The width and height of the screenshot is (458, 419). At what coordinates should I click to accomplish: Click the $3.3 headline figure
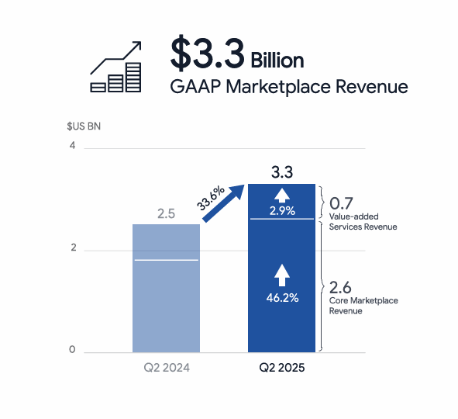(x=208, y=53)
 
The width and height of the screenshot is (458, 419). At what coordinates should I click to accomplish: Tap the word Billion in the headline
(x=277, y=61)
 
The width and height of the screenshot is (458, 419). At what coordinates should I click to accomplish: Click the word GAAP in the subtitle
(x=195, y=87)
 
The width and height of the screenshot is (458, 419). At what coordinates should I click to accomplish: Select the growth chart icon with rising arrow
(x=116, y=67)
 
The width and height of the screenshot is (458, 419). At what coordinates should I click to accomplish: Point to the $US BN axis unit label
(x=84, y=126)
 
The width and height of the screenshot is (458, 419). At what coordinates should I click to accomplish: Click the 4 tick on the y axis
(x=72, y=145)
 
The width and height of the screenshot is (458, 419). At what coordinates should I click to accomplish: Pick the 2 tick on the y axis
(x=74, y=248)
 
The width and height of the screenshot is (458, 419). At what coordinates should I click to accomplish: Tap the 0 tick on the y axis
(x=72, y=349)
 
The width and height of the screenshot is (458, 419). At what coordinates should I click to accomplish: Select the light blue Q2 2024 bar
(x=166, y=289)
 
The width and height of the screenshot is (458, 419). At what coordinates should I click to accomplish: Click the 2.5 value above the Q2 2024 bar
(x=166, y=213)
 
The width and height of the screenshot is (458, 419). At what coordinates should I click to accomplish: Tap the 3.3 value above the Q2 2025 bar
(x=282, y=172)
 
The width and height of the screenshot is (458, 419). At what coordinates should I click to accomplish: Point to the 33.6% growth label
(x=210, y=198)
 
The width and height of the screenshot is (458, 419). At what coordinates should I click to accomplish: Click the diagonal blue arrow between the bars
(x=223, y=203)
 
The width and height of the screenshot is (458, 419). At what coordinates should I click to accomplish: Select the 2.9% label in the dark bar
(x=282, y=210)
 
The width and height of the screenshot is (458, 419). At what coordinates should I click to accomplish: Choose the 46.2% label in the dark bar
(x=282, y=298)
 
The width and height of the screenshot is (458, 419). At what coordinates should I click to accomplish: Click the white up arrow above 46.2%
(x=282, y=275)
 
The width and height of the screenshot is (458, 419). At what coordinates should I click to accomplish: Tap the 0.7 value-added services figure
(x=341, y=203)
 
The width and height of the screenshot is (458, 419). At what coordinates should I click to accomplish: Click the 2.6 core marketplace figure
(x=340, y=287)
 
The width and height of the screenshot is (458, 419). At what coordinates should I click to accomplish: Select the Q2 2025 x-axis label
(x=282, y=368)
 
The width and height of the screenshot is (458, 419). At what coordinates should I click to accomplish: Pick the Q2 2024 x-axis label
(x=167, y=368)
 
